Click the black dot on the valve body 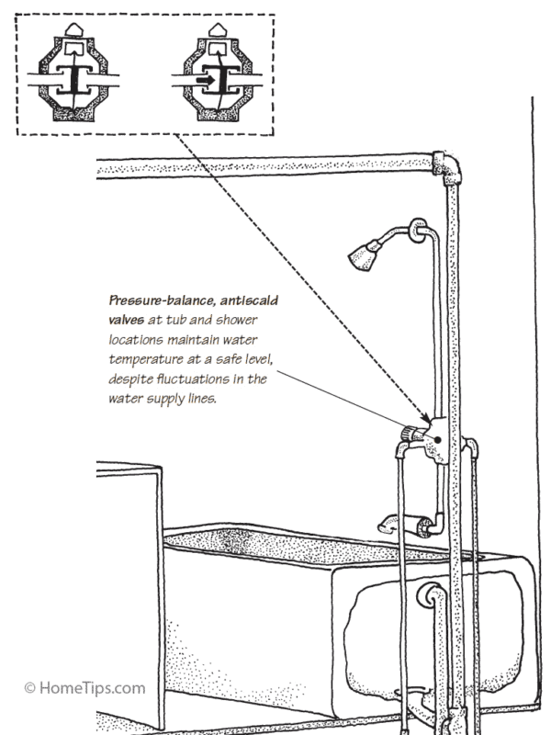point(441,439)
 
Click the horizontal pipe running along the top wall point(266,167)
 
